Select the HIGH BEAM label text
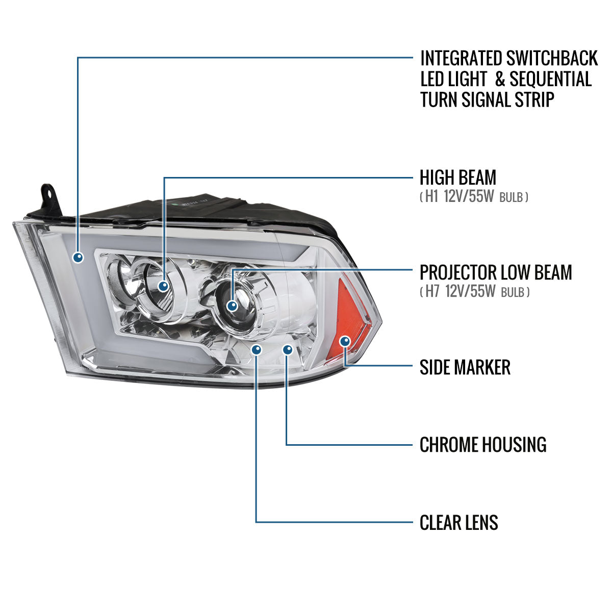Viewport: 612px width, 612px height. [457, 177]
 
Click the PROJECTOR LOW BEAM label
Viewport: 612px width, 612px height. [495, 272]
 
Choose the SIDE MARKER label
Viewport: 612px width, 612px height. [465, 367]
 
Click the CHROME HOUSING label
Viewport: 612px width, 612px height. [482, 445]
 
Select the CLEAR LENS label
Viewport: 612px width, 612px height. [458, 523]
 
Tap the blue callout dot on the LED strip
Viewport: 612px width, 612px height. [78, 258]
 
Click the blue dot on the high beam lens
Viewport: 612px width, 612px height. [163, 286]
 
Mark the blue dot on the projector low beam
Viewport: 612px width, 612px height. [233, 306]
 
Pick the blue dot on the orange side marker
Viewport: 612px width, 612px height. [345, 341]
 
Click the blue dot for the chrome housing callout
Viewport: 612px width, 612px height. [288, 350]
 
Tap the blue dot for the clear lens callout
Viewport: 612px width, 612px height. [256, 350]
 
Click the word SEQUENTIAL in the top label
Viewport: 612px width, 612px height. [550, 80]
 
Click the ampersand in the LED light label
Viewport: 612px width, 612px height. [500, 80]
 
